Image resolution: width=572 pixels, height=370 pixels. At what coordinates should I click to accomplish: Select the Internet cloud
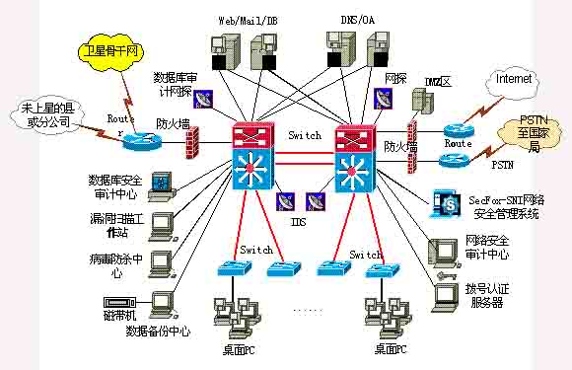pyautogui.click(x=513, y=78)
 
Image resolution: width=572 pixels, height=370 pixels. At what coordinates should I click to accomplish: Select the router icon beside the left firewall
pyautogui.click(x=135, y=141)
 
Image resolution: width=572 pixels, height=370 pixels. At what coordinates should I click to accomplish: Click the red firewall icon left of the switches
pyautogui.click(x=191, y=145)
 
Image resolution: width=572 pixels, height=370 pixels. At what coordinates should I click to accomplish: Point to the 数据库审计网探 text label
pyautogui.click(x=179, y=84)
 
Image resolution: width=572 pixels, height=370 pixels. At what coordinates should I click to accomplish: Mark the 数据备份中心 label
pyautogui.click(x=158, y=332)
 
